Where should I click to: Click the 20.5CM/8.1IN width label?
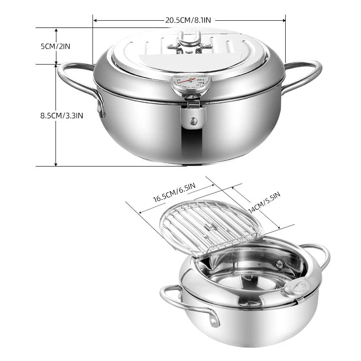click(188, 20)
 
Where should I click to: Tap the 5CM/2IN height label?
click(55, 46)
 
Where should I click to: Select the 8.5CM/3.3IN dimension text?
click(62, 116)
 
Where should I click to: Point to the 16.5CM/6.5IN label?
click(174, 193)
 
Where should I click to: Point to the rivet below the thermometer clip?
click(194, 120)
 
